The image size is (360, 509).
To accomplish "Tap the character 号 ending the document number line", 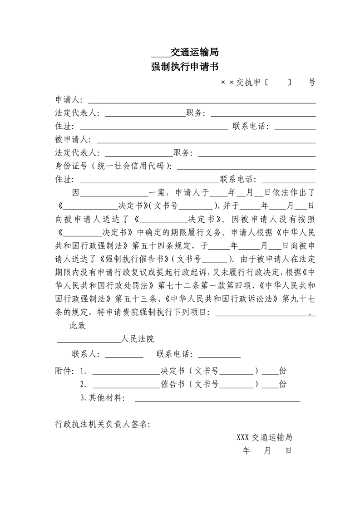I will pyautogui.click(x=311, y=83).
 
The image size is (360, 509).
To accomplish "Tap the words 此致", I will pyautogui.click(x=77, y=325).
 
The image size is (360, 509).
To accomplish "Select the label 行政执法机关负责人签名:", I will pyautogui.click(x=102, y=424).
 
